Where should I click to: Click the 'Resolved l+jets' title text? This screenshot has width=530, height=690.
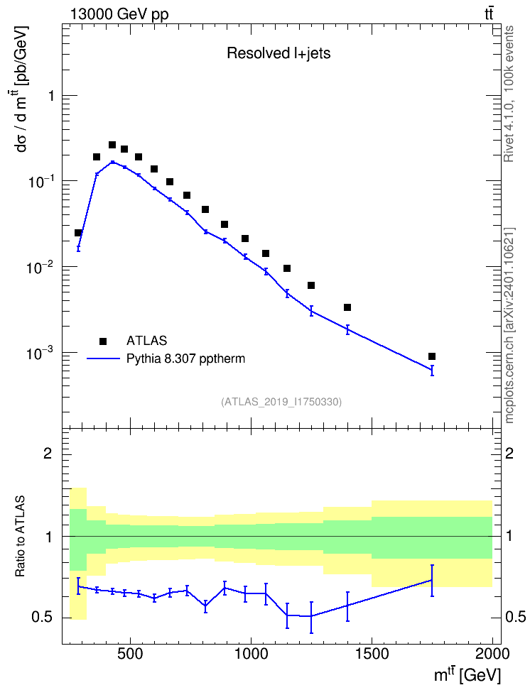[x=278, y=53]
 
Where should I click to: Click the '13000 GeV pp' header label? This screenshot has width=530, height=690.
[x=119, y=14]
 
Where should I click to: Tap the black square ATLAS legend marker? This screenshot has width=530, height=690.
[x=103, y=341]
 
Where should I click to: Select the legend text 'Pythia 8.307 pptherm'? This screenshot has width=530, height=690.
[x=185, y=358]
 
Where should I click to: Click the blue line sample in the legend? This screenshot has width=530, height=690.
[x=103, y=358]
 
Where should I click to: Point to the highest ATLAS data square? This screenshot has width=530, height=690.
[x=112, y=145]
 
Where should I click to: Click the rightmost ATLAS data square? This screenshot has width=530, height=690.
[x=432, y=356]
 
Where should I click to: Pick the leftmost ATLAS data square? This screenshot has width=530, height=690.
[x=78, y=233]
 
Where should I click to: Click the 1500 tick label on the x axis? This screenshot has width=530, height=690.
[x=372, y=654]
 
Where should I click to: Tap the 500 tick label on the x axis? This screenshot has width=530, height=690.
[x=130, y=654]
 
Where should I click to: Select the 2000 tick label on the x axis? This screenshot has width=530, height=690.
[x=492, y=654]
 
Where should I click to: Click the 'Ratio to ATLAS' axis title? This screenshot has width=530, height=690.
[x=20, y=537]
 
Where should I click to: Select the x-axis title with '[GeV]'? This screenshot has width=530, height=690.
[x=467, y=675]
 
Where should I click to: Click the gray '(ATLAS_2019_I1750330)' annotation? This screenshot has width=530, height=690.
[x=281, y=402]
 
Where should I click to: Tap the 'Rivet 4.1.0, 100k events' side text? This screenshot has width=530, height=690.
[x=509, y=94]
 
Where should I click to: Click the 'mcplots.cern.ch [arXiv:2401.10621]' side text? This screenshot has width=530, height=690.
[x=509, y=326]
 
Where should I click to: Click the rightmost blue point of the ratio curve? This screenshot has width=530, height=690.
[x=432, y=580]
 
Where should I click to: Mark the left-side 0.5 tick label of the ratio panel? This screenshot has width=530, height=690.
[x=41, y=618]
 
